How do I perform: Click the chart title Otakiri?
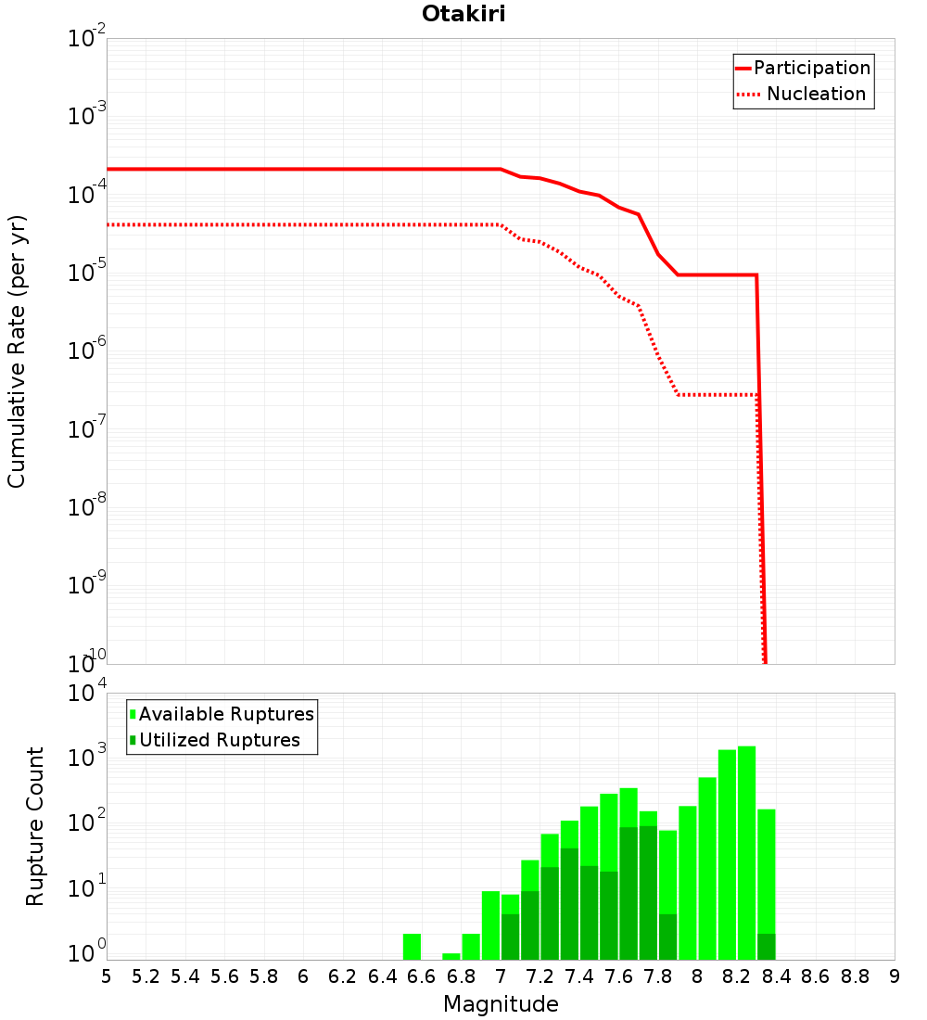click(463, 14)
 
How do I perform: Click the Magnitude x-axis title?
click(501, 1004)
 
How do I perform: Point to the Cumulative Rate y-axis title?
click(17, 351)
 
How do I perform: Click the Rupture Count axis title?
click(35, 826)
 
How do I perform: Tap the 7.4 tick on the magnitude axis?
click(579, 975)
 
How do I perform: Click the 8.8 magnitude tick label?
click(855, 975)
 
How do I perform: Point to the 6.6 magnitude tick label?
click(422, 975)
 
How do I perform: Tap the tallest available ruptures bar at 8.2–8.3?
click(746, 853)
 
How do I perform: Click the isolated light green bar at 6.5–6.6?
click(413, 947)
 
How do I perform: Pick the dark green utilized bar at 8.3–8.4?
click(766, 947)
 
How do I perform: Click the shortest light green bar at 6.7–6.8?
click(451, 956)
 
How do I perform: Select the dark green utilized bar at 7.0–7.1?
click(510, 937)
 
